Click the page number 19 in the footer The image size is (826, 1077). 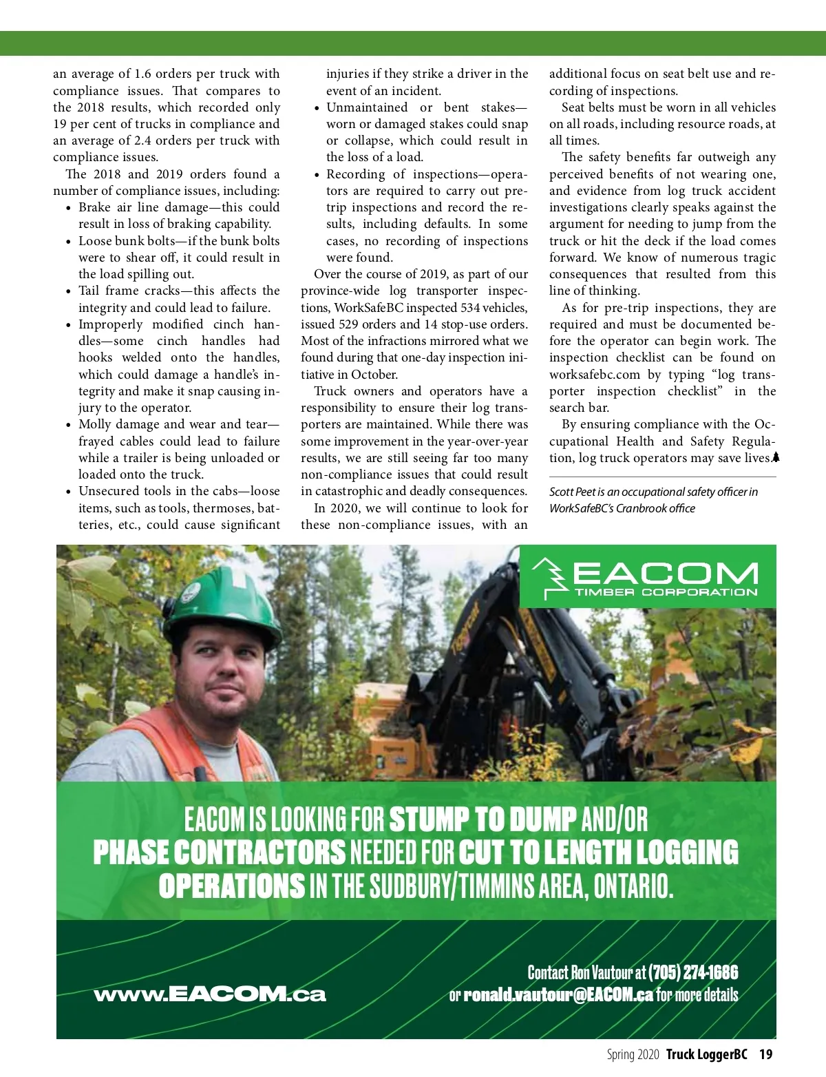(x=765, y=1054)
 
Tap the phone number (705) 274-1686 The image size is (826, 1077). (x=692, y=972)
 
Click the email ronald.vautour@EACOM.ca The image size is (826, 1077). (x=558, y=994)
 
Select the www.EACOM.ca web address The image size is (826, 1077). (x=209, y=994)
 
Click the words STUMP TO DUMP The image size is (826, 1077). (x=483, y=819)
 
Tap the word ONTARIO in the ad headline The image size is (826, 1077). (x=632, y=886)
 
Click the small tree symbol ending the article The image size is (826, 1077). (x=775, y=457)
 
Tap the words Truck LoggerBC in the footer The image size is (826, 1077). (x=706, y=1054)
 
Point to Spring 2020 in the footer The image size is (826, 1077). (x=633, y=1054)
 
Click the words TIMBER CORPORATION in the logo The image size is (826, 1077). (x=665, y=592)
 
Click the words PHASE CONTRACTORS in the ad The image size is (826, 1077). (x=220, y=853)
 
